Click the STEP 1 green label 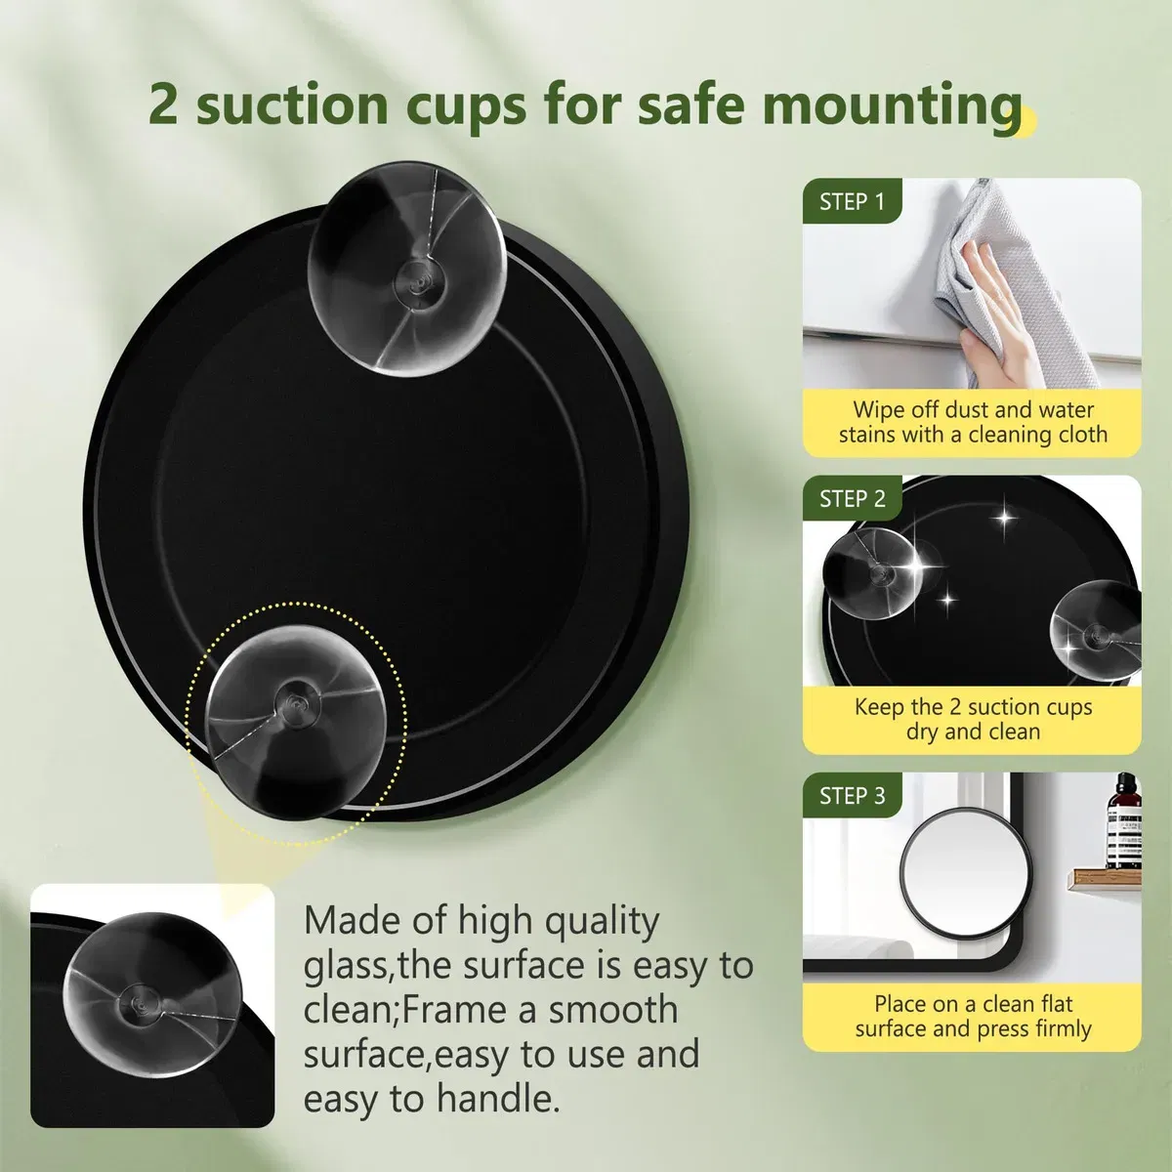[852, 201]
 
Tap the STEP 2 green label [852, 499]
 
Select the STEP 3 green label [852, 796]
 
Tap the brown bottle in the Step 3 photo [1123, 821]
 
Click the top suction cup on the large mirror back [406, 269]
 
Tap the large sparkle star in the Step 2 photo [916, 565]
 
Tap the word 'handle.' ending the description [497, 1099]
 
